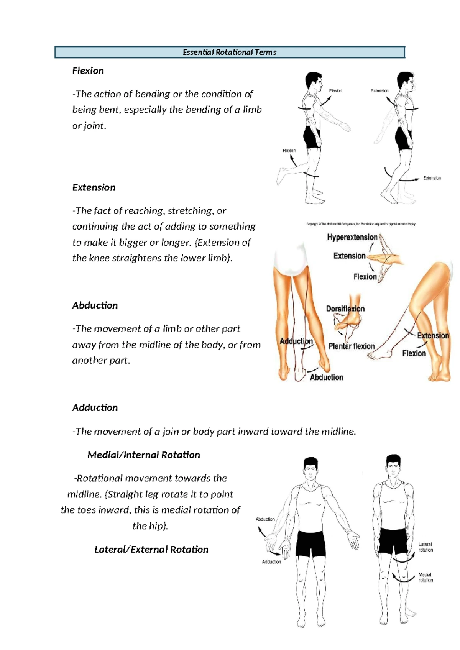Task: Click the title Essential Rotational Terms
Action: pyautogui.click(x=229, y=52)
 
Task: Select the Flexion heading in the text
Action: pyautogui.click(x=88, y=71)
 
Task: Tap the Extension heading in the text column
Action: pyautogui.click(x=94, y=187)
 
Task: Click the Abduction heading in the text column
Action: pyautogui.click(x=95, y=305)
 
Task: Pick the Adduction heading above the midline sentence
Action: pyautogui.click(x=95, y=408)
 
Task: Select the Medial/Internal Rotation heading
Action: pyautogui.click(x=143, y=455)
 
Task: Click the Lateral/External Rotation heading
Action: pyautogui.click(x=151, y=550)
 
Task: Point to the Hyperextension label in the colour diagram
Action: pyautogui.click(x=352, y=237)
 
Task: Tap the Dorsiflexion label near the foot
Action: pyautogui.click(x=345, y=309)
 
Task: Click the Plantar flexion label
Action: pyautogui.click(x=351, y=346)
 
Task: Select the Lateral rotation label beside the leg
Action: pyautogui.click(x=425, y=547)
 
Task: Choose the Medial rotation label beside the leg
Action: pyautogui.click(x=425, y=577)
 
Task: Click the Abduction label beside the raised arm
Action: pyautogui.click(x=265, y=519)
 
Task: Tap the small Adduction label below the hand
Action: pyautogui.click(x=271, y=562)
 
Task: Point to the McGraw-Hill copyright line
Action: pyautogui.click(x=361, y=224)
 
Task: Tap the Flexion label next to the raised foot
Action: pyautogui.click(x=289, y=151)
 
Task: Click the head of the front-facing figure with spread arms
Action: pyautogui.click(x=310, y=468)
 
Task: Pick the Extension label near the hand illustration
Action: pyautogui.click(x=349, y=256)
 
